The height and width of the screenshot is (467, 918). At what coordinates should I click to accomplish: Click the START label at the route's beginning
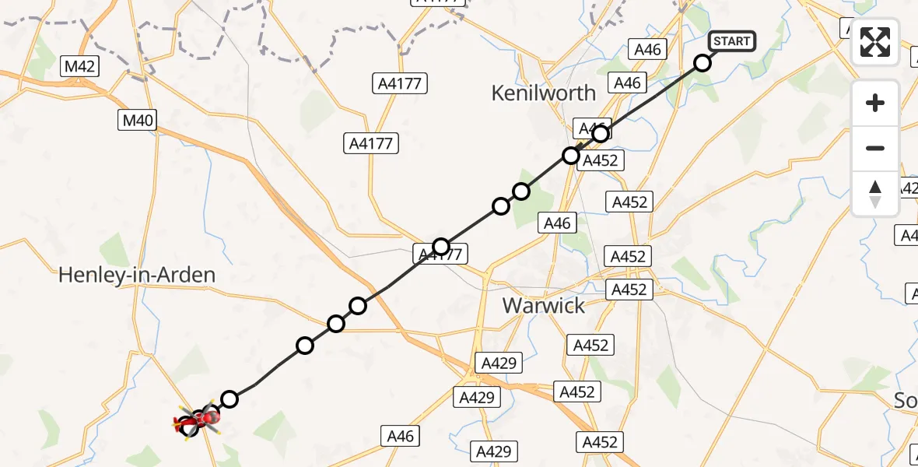click(731, 41)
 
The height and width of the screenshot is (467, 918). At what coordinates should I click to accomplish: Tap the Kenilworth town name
click(544, 93)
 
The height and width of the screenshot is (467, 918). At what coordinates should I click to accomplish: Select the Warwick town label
click(544, 305)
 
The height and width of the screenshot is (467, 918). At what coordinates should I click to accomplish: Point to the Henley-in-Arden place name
click(137, 275)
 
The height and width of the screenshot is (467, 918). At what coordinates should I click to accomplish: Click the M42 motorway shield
click(80, 67)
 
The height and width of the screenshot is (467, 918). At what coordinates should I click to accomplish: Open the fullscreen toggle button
click(875, 42)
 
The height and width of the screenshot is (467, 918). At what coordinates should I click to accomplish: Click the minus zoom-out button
click(875, 148)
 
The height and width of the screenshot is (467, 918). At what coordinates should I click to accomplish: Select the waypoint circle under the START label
click(703, 63)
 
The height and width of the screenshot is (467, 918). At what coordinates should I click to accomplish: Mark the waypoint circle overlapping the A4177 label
click(441, 248)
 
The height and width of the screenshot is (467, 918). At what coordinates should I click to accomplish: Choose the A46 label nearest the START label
click(647, 50)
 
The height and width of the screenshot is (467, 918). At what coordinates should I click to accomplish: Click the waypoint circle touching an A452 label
click(571, 156)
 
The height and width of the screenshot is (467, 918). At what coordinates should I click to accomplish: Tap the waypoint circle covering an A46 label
click(601, 135)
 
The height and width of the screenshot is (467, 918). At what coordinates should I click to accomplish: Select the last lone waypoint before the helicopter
click(229, 399)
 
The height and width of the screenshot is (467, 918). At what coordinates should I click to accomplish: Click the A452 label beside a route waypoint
click(600, 161)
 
